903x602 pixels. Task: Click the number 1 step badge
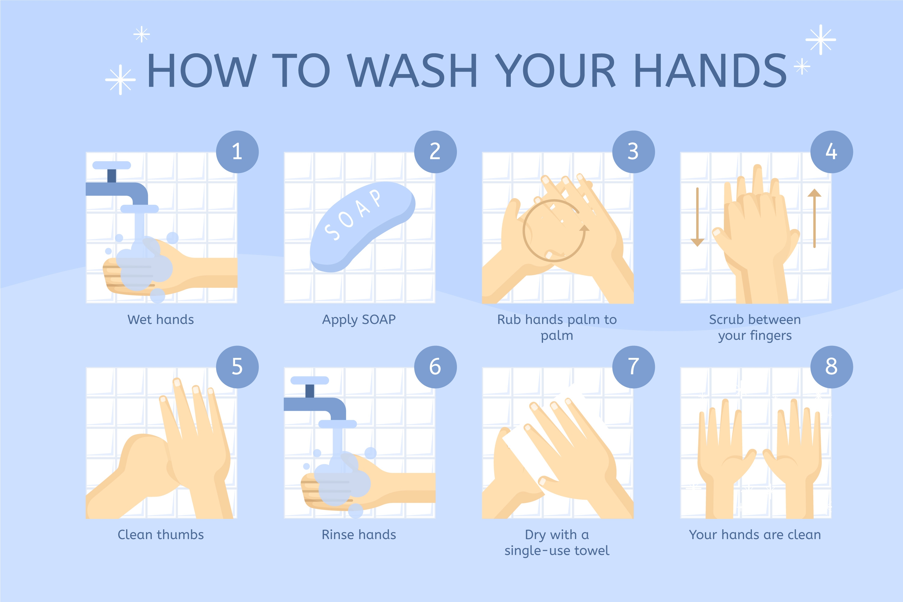(x=237, y=152)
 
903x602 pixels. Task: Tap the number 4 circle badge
(x=832, y=152)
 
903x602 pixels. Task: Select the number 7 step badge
(x=634, y=367)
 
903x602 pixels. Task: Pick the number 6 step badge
(x=435, y=367)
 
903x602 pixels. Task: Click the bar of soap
(x=362, y=227)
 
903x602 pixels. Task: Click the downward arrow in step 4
(x=697, y=217)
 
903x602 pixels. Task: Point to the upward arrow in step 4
(x=814, y=218)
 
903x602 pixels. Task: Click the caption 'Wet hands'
(x=160, y=319)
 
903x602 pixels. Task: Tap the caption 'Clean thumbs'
(x=160, y=535)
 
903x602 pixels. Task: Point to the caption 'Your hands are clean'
(x=755, y=535)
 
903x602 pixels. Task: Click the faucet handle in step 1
(x=112, y=165)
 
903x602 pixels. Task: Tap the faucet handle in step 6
(x=310, y=380)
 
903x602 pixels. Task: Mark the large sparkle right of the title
(x=821, y=39)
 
